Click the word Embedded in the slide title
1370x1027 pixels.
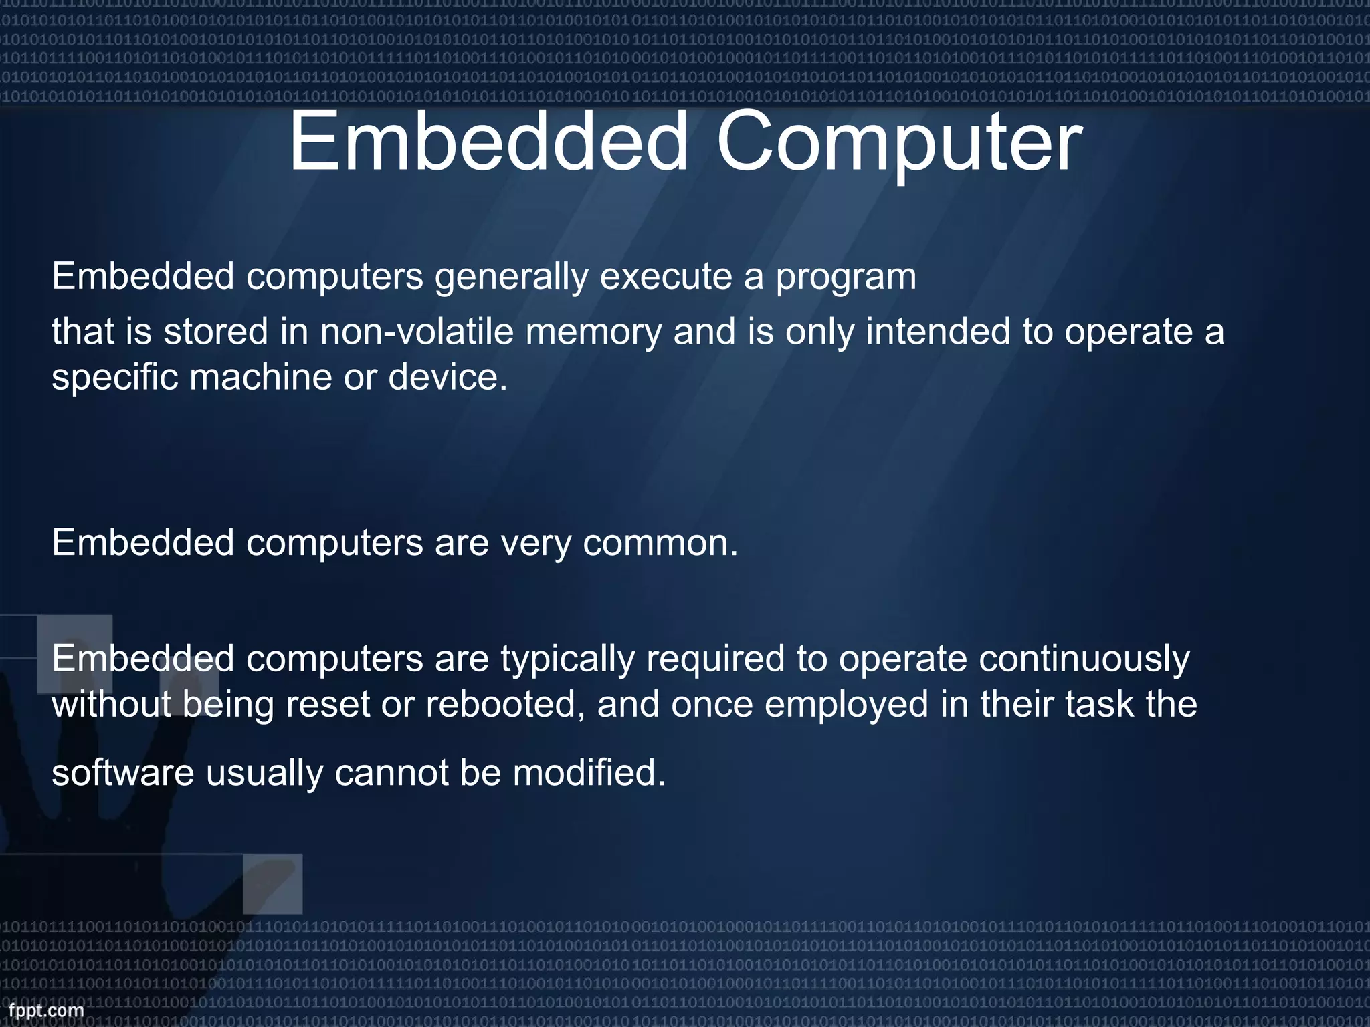(x=488, y=141)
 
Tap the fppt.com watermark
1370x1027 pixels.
(x=46, y=1010)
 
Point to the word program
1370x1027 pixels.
(x=846, y=277)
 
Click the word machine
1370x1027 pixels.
(x=261, y=377)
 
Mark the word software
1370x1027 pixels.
(x=123, y=773)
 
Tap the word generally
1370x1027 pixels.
(x=512, y=277)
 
